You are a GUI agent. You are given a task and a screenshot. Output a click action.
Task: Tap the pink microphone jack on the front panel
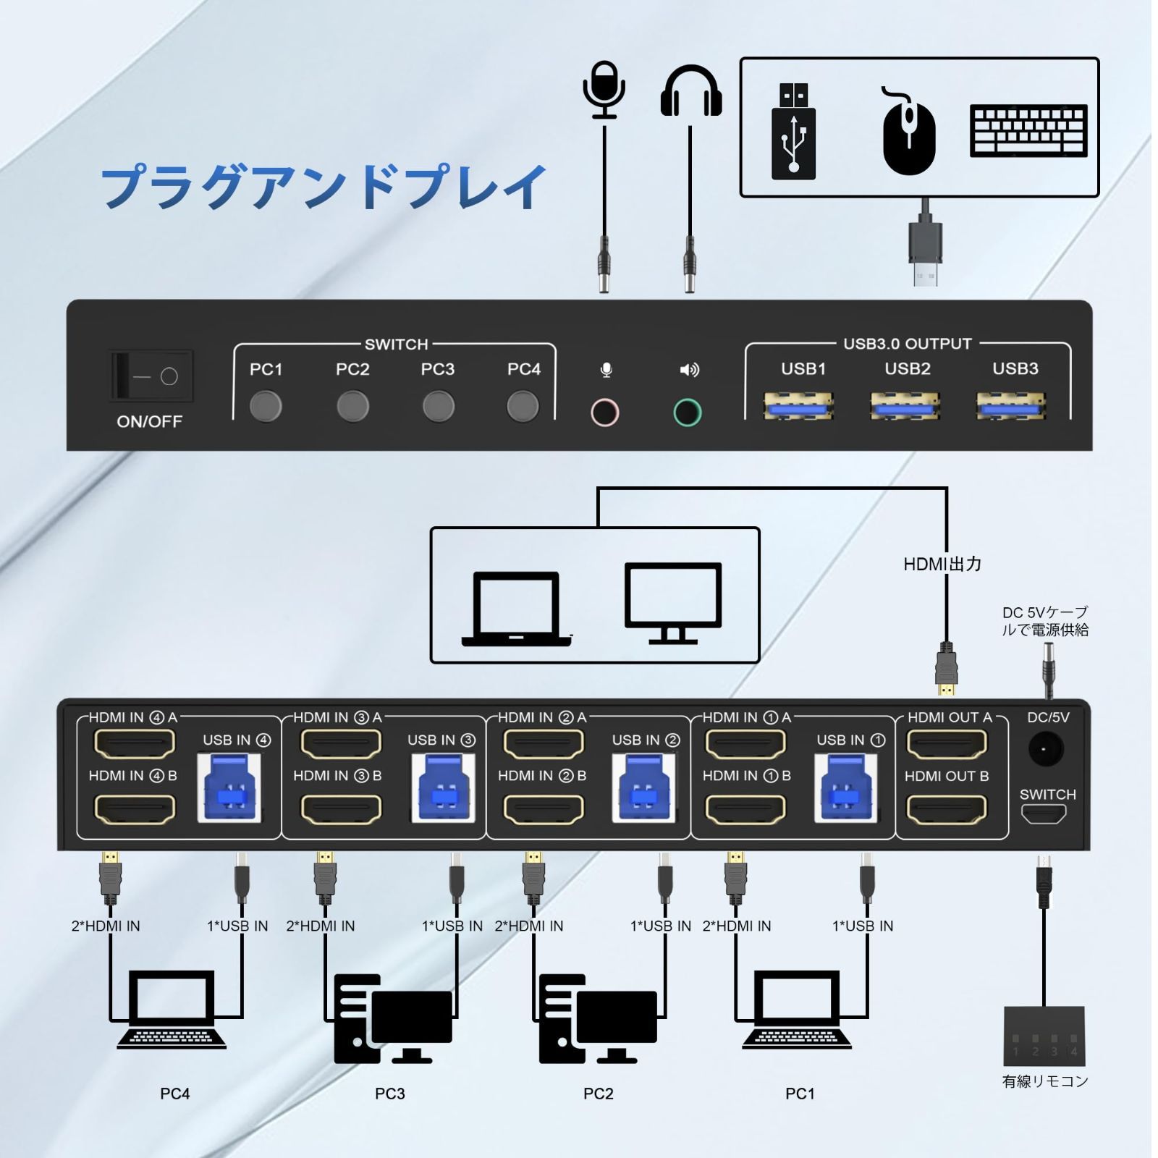604,413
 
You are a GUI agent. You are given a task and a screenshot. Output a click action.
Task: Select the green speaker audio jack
687,413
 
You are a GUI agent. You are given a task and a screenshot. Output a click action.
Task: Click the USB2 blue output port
905,407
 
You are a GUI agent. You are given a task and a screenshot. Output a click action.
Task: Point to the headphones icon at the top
690,91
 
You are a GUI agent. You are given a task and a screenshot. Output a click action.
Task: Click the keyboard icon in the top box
1028,131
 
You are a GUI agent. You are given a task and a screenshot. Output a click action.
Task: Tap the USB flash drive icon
793,132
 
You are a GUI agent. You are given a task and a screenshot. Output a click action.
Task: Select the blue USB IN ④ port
229,790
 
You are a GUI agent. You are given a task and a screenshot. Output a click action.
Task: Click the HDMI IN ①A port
745,743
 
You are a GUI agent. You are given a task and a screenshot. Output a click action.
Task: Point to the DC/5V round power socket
1045,750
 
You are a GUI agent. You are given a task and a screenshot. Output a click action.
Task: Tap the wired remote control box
1044,1036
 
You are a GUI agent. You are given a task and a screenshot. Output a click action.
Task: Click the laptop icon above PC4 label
172,1010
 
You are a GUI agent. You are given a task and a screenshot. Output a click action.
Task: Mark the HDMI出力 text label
942,564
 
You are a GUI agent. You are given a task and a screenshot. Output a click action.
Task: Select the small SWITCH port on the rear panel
1043,814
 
